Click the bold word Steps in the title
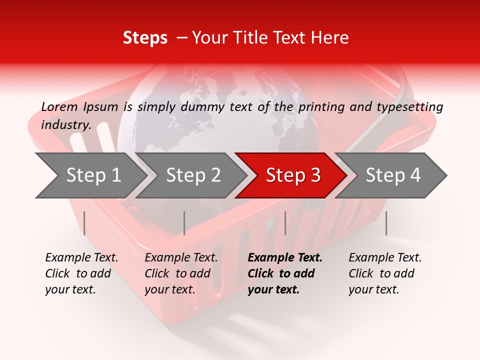(x=145, y=38)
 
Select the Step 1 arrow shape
(x=90, y=175)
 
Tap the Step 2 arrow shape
(x=193, y=175)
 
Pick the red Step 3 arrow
(x=293, y=175)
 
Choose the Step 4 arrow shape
(x=393, y=175)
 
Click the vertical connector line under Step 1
(x=84, y=223)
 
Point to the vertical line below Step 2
(x=184, y=223)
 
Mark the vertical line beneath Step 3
(x=285, y=223)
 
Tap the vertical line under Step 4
(x=386, y=223)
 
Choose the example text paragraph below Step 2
(x=181, y=273)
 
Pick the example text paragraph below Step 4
(x=385, y=273)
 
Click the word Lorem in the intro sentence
(x=59, y=106)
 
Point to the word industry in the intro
(x=65, y=125)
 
